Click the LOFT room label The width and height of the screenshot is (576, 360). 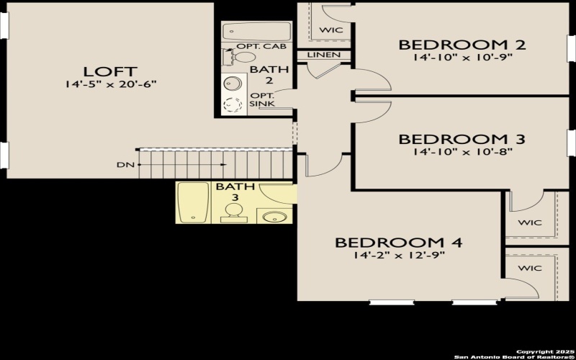pos(110,71)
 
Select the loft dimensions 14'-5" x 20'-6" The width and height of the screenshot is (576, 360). pos(110,84)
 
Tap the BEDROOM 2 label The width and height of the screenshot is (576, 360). pos(462,45)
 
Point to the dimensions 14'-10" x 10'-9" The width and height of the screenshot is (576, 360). pos(462,58)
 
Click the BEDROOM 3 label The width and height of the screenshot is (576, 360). pos(462,139)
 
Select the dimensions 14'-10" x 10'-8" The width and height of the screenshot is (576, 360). pos(462,152)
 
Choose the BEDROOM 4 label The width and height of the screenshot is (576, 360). pos(398,242)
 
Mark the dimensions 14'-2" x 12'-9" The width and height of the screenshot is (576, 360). pos(398,255)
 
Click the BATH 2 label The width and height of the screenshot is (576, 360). pos(259,75)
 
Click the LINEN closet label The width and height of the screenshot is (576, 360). pos(323,55)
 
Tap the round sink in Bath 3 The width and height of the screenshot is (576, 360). pos(274,217)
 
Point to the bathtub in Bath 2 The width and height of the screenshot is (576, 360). pos(245,32)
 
